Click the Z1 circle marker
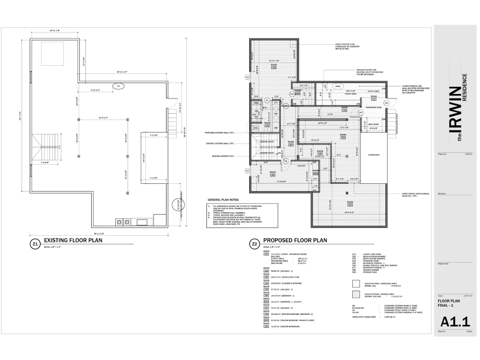(35, 244)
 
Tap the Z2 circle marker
(254, 244)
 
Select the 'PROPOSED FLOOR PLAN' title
(295, 240)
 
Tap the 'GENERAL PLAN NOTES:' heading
(223, 199)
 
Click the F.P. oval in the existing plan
(119, 86)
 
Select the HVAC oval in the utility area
(337, 86)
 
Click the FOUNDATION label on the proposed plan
(373, 155)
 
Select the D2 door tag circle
(292, 94)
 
